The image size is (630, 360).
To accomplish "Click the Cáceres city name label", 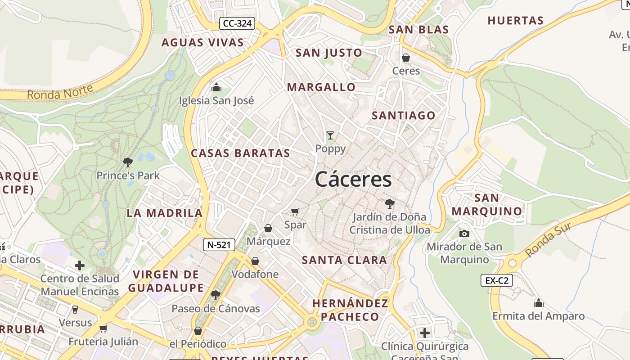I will [x=353, y=180].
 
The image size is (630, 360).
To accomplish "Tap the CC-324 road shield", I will [x=237, y=23].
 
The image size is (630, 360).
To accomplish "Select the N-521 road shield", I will [x=219, y=245].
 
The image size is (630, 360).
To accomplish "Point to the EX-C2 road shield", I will [x=497, y=280].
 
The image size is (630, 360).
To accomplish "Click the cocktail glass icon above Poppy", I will [x=330, y=135].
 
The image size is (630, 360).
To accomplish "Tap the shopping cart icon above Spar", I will [x=295, y=211].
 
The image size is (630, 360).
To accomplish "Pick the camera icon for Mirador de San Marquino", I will [x=464, y=234].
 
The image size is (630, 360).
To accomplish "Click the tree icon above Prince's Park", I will [x=128, y=162].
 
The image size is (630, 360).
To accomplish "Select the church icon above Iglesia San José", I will [x=216, y=87].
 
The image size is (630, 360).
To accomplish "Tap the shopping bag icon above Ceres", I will [x=406, y=58].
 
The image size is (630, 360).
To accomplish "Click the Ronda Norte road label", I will [x=60, y=92].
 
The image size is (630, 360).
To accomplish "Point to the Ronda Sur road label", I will [x=548, y=240].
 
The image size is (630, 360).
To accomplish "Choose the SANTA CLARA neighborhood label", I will [x=344, y=260].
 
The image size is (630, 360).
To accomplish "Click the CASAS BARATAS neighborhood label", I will [x=241, y=153].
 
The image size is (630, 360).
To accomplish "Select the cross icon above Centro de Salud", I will [x=80, y=265].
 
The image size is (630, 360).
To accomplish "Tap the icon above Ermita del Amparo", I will [x=538, y=302].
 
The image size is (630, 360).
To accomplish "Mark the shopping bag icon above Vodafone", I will [x=255, y=261].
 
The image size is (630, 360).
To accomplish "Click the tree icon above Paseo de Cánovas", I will [x=216, y=295].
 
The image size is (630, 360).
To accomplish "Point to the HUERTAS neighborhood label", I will [x=516, y=21].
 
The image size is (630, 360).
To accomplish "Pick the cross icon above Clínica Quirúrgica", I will [x=424, y=333].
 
